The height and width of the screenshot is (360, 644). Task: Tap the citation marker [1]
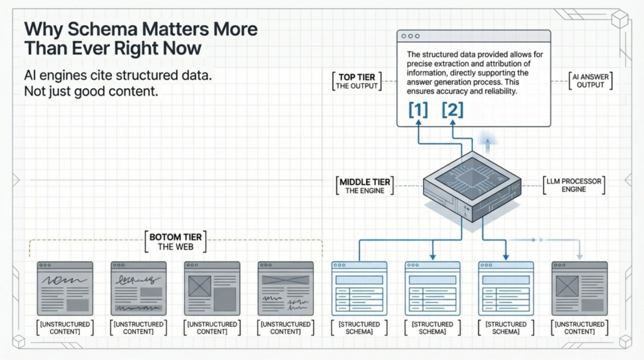[418, 110]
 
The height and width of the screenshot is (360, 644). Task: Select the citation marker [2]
[452, 110]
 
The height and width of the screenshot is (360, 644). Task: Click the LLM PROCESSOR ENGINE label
[573, 186]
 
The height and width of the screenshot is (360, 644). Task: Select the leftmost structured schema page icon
[359, 288]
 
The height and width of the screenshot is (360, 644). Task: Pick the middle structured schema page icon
[433, 288]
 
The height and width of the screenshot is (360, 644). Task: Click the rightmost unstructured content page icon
[579, 288]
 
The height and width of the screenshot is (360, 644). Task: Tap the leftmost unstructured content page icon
[65, 288]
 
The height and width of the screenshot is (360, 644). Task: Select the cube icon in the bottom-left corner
[19, 340]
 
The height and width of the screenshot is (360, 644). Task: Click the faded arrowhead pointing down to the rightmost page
[579, 256]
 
